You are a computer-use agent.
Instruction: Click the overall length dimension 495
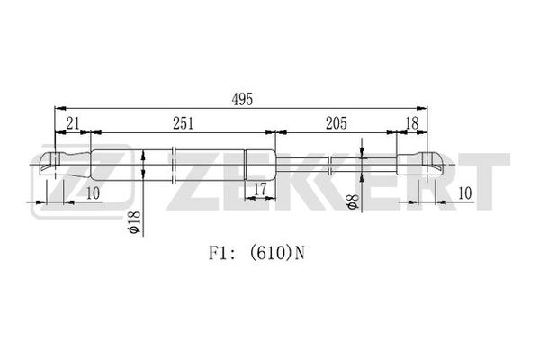[242, 99]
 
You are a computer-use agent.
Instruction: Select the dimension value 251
[184, 123]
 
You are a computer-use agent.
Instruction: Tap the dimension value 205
[337, 123]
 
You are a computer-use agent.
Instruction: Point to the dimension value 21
[73, 123]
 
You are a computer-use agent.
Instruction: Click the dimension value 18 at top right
[412, 123]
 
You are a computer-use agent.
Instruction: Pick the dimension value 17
[260, 189]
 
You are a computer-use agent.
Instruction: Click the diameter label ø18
[135, 222]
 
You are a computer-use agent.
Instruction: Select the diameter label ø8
[354, 202]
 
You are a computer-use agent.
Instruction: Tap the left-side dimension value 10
[93, 193]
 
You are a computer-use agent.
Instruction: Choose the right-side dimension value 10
[465, 193]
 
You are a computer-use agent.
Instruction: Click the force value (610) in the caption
[268, 254]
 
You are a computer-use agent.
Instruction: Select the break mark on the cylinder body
[174, 165]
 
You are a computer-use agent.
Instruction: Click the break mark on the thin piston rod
[330, 165]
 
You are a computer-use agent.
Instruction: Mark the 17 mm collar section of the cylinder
[260, 165]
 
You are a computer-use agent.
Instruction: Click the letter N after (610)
[300, 254]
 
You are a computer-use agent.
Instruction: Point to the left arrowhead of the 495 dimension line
[60, 108]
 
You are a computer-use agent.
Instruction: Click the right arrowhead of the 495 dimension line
[422, 108]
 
